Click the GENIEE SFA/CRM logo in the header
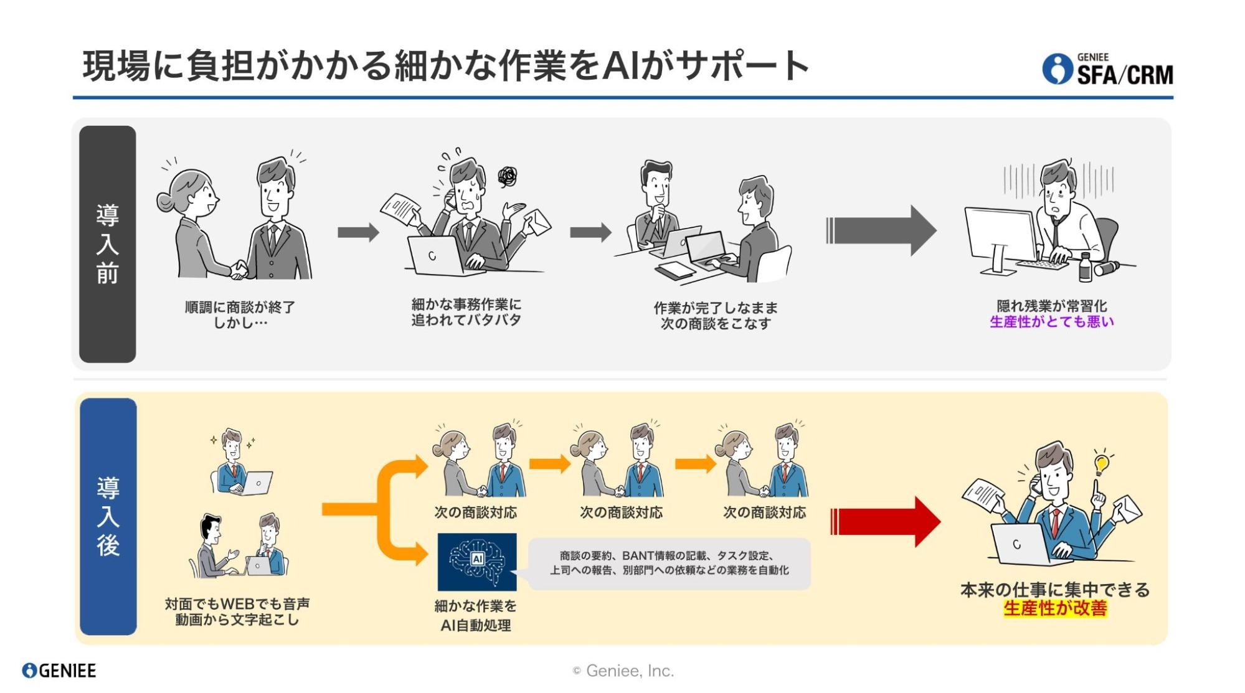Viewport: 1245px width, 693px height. (x=1107, y=70)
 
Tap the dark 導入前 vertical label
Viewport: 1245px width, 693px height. (x=107, y=243)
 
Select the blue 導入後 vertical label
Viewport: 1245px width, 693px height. (x=108, y=516)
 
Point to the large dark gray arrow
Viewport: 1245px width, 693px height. (x=881, y=230)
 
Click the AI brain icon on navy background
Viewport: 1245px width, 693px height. (x=477, y=561)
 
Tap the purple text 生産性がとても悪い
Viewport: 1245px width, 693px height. (x=1051, y=322)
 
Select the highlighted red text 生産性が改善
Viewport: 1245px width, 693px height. (x=1055, y=608)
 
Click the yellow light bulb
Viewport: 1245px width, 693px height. (x=1101, y=464)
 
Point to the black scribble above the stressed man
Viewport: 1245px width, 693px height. (x=508, y=176)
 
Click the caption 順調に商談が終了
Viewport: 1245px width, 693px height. (x=240, y=307)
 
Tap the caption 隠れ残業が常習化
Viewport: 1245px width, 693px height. (x=1051, y=306)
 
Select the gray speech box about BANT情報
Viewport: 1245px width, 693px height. (x=669, y=563)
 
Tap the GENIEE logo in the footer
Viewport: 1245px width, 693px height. (x=59, y=671)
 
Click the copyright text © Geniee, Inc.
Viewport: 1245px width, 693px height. (x=623, y=671)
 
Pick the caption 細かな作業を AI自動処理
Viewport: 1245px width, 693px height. (x=476, y=615)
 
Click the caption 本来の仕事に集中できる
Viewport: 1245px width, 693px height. (x=1055, y=590)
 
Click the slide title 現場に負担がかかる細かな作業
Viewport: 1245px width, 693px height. (x=446, y=66)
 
